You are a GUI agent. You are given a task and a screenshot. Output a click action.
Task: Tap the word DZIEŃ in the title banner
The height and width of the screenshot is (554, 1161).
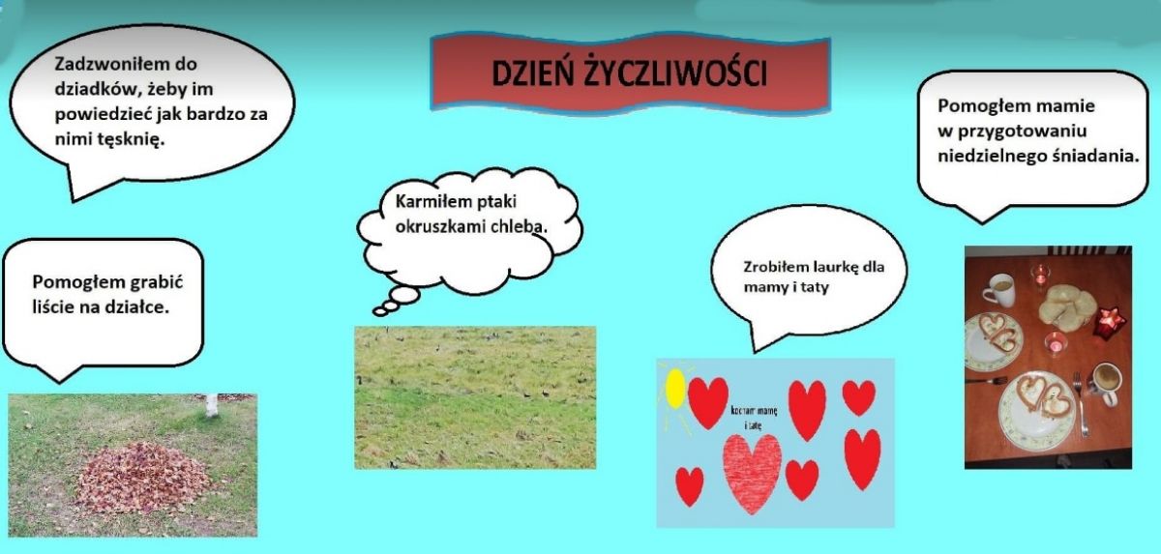tap(532, 73)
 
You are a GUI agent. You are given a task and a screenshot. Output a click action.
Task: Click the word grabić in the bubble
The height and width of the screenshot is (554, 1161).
tap(159, 282)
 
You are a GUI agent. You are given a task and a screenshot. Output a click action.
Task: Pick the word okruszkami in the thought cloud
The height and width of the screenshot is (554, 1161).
tap(440, 227)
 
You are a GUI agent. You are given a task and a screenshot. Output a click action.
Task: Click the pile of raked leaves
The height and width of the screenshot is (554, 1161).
tap(143, 478)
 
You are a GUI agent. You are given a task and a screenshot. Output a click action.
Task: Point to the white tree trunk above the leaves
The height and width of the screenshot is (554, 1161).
tap(212, 405)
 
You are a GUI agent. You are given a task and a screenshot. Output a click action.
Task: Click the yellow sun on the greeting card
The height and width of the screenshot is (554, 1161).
tap(675, 389)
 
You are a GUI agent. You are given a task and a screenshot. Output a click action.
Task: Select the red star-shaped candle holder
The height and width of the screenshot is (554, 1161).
tap(1109, 324)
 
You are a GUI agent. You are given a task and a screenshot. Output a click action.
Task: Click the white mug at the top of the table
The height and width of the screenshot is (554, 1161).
tap(999, 290)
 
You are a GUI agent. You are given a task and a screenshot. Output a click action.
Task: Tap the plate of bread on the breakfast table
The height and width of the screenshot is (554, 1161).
tap(1066, 307)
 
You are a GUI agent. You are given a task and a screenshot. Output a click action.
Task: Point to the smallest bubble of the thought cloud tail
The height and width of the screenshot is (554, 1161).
tap(380, 311)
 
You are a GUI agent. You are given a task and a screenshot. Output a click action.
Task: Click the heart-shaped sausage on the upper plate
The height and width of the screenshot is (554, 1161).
tap(997, 332)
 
